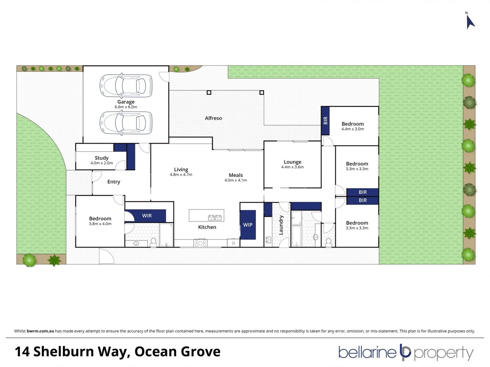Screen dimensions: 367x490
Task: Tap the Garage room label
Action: point(126,102)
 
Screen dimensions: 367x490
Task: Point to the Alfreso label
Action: point(213,118)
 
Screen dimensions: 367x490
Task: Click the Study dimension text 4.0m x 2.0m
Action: point(101,163)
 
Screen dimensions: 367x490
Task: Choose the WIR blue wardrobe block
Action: point(147,216)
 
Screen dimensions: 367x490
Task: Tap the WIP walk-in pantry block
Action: point(248,225)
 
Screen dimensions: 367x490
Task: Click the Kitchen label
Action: point(207,227)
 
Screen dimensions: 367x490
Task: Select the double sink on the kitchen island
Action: point(215,217)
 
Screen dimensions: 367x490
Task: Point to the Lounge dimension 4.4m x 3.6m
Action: point(292,167)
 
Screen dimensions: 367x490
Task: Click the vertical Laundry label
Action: point(281,225)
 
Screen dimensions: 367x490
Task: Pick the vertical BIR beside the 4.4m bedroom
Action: point(325,121)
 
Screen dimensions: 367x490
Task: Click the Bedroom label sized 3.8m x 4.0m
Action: point(100,219)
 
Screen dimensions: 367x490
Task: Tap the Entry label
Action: point(114,182)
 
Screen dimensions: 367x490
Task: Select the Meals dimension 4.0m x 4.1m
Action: point(235,180)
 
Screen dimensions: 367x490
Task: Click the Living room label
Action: point(181,169)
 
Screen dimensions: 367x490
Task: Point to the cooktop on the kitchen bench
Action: point(200,243)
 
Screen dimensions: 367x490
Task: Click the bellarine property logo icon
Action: point(405,352)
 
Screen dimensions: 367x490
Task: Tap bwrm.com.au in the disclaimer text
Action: point(40,331)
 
